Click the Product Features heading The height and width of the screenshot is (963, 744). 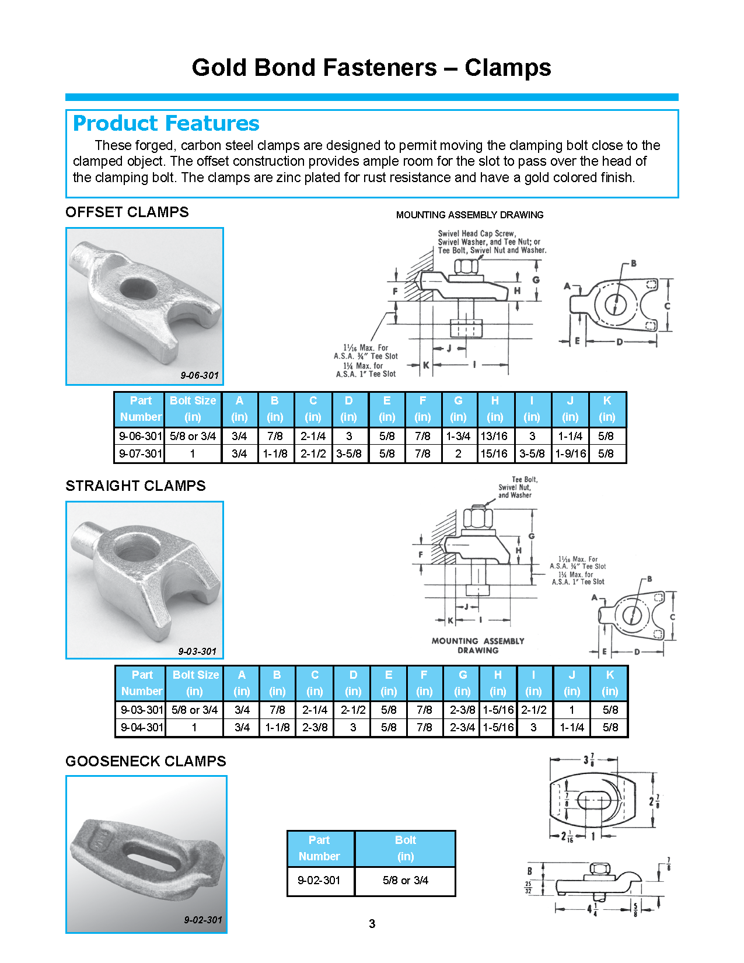166,123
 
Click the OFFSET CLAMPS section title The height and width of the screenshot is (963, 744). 127,212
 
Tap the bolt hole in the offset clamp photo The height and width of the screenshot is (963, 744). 138,288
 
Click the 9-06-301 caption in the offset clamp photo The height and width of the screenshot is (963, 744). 199,375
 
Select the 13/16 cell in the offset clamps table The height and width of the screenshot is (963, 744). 494,436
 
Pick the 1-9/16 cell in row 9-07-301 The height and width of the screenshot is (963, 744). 570,453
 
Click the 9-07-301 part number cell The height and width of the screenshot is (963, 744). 140,453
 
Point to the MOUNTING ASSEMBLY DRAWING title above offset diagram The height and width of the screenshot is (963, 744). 469,215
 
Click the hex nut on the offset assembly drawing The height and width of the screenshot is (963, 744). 466,267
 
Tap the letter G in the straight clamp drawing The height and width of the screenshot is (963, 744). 532,536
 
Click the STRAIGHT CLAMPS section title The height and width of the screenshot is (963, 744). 135,486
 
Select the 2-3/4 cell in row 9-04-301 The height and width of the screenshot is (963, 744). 462,727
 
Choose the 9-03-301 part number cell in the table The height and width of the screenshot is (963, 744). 141,710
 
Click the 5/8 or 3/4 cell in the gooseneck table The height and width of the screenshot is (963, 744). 405,880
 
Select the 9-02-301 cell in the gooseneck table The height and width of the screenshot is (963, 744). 319,880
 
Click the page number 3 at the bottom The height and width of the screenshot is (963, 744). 372,923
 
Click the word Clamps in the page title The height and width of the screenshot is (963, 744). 508,68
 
